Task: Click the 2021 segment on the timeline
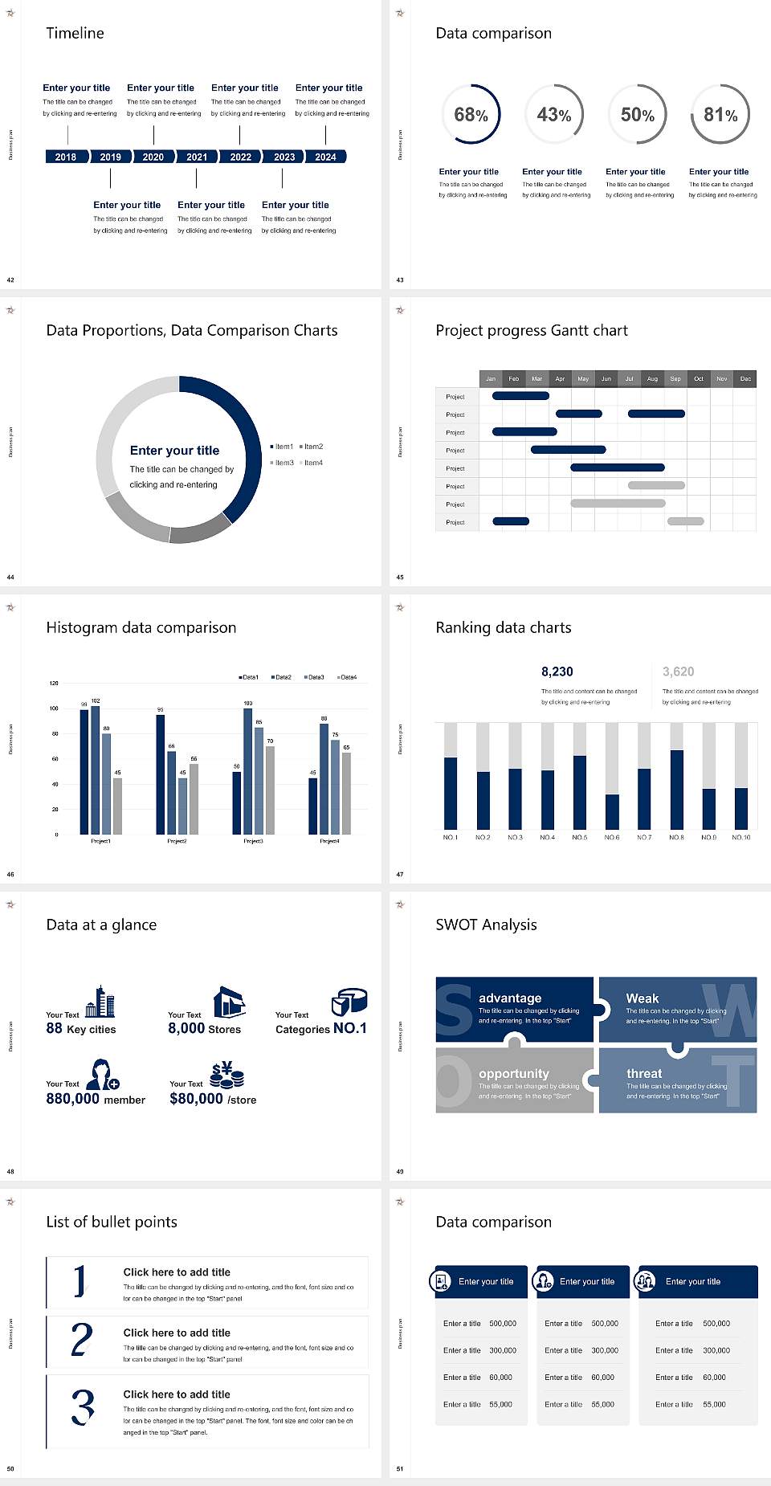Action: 197,157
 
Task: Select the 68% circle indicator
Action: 471,114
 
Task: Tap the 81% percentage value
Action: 720,115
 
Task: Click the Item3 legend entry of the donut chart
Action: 282,463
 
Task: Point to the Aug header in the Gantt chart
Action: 652,378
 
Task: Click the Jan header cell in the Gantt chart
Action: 491,378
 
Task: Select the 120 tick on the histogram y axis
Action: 54,684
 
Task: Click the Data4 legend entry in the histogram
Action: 347,677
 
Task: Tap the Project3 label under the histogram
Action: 253,841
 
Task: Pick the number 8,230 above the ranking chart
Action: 557,672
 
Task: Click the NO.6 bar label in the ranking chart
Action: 612,837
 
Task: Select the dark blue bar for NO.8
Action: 677,790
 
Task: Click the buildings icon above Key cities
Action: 100,1002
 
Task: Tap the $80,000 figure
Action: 196,1099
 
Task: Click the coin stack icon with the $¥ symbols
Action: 226,1075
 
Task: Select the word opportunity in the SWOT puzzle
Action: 514,1074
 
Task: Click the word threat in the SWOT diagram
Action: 644,1074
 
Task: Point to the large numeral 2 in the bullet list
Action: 81,1340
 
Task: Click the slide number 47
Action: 400,874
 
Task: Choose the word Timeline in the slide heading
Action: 75,33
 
